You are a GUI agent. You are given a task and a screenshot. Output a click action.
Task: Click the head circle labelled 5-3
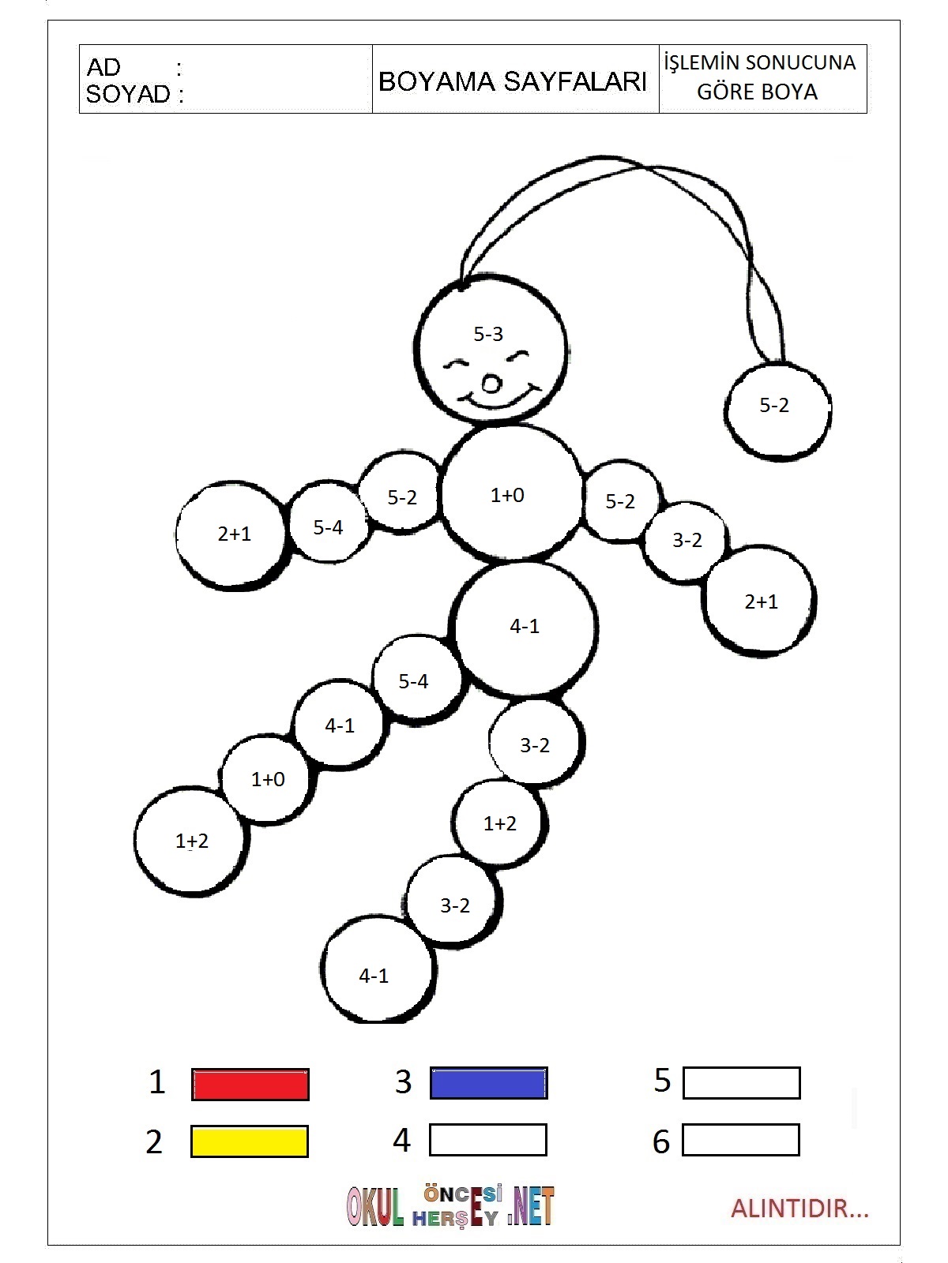click(x=491, y=347)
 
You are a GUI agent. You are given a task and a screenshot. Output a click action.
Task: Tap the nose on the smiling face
click(x=491, y=384)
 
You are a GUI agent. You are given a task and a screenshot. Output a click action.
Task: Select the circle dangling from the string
click(x=777, y=410)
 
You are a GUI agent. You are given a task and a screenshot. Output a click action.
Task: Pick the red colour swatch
click(x=250, y=1085)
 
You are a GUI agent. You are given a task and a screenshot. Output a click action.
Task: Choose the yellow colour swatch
click(x=250, y=1141)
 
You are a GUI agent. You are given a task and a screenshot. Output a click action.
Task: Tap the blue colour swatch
click(x=488, y=1083)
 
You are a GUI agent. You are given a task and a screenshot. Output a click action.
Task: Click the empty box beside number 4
click(x=488, y=1140)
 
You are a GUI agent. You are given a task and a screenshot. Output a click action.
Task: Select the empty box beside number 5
click(x=741, y=1083)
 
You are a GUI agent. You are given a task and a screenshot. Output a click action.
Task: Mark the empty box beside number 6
click(x=741, y=1140)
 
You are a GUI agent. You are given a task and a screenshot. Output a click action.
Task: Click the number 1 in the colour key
click(x=157, y=1082)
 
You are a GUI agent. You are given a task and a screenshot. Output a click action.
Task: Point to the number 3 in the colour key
click(x=404, y=1082)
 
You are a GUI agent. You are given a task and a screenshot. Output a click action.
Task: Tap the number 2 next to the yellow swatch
click(x=154, y=1142)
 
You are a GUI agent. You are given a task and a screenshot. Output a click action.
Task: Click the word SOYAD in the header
click(x=128, y=95)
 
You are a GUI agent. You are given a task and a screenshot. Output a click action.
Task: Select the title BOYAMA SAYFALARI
click(x=513, y=81)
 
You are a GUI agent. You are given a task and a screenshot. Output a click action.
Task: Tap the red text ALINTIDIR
click(x=799, y=1209)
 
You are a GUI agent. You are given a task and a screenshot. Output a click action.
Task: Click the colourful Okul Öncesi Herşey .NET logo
click(x=450, y=1207)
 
